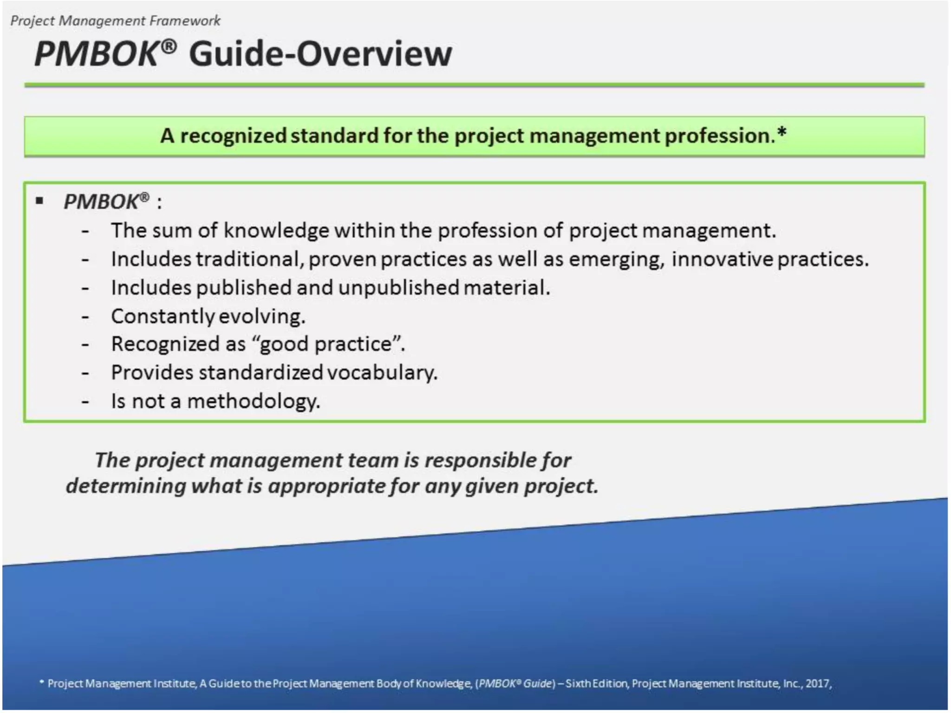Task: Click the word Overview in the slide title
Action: point(374,54)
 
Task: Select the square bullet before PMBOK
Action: point(39,201)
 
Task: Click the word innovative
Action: point(722,259)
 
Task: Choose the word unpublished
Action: point(398,288)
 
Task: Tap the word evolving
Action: point(262,317)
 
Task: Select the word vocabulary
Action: point(382,373)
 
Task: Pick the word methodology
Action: point(254,402)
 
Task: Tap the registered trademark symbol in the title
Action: point(170,46)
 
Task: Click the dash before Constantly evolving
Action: point(85,317)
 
